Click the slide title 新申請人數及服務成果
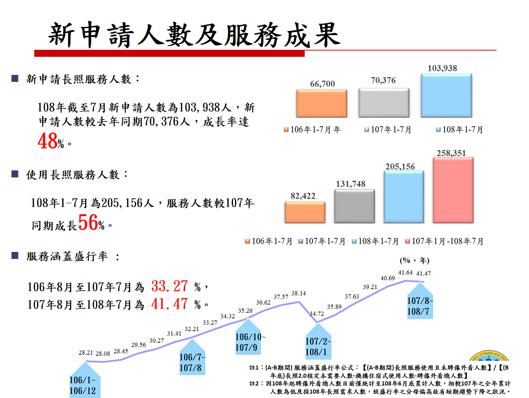[194, 35]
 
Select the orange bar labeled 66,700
[321, 103]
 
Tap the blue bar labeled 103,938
[446, 96]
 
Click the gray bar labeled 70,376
[383, 103]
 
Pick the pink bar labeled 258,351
[453, 190]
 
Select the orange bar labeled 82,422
[305, 212]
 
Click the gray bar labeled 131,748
[354, 206]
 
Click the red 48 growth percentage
[48, 141]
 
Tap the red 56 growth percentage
[88, 223]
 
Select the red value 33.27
[170, 286]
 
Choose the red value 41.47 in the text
[170, 304]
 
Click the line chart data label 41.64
[405, 273]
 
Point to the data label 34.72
[317, 314]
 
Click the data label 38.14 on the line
[299, 294]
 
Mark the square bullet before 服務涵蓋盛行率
[15, 256]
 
